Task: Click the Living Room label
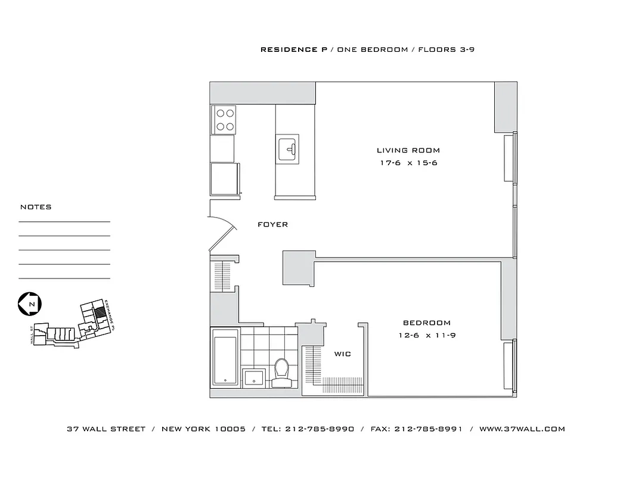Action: (408, 150)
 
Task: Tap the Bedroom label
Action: (426, 323)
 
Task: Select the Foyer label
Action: (272, 225)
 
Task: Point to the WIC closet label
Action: (342, 354)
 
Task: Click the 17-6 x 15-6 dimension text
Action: (408, 163)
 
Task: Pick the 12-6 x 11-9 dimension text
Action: (427, 336)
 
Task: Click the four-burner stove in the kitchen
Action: (224, 119)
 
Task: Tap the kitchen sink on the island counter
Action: (287, 149)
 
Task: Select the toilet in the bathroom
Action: (281, 370)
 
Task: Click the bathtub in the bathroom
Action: (225, 360)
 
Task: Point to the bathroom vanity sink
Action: (255, 377)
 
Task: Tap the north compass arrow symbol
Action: (29, 304)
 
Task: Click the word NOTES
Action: (36, 207)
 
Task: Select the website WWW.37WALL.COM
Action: (522, 429)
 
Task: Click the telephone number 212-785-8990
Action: (320, 429)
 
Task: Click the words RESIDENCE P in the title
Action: (289, 49)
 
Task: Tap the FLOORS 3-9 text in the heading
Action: (446, 49)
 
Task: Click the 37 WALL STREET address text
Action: (106, 429)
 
